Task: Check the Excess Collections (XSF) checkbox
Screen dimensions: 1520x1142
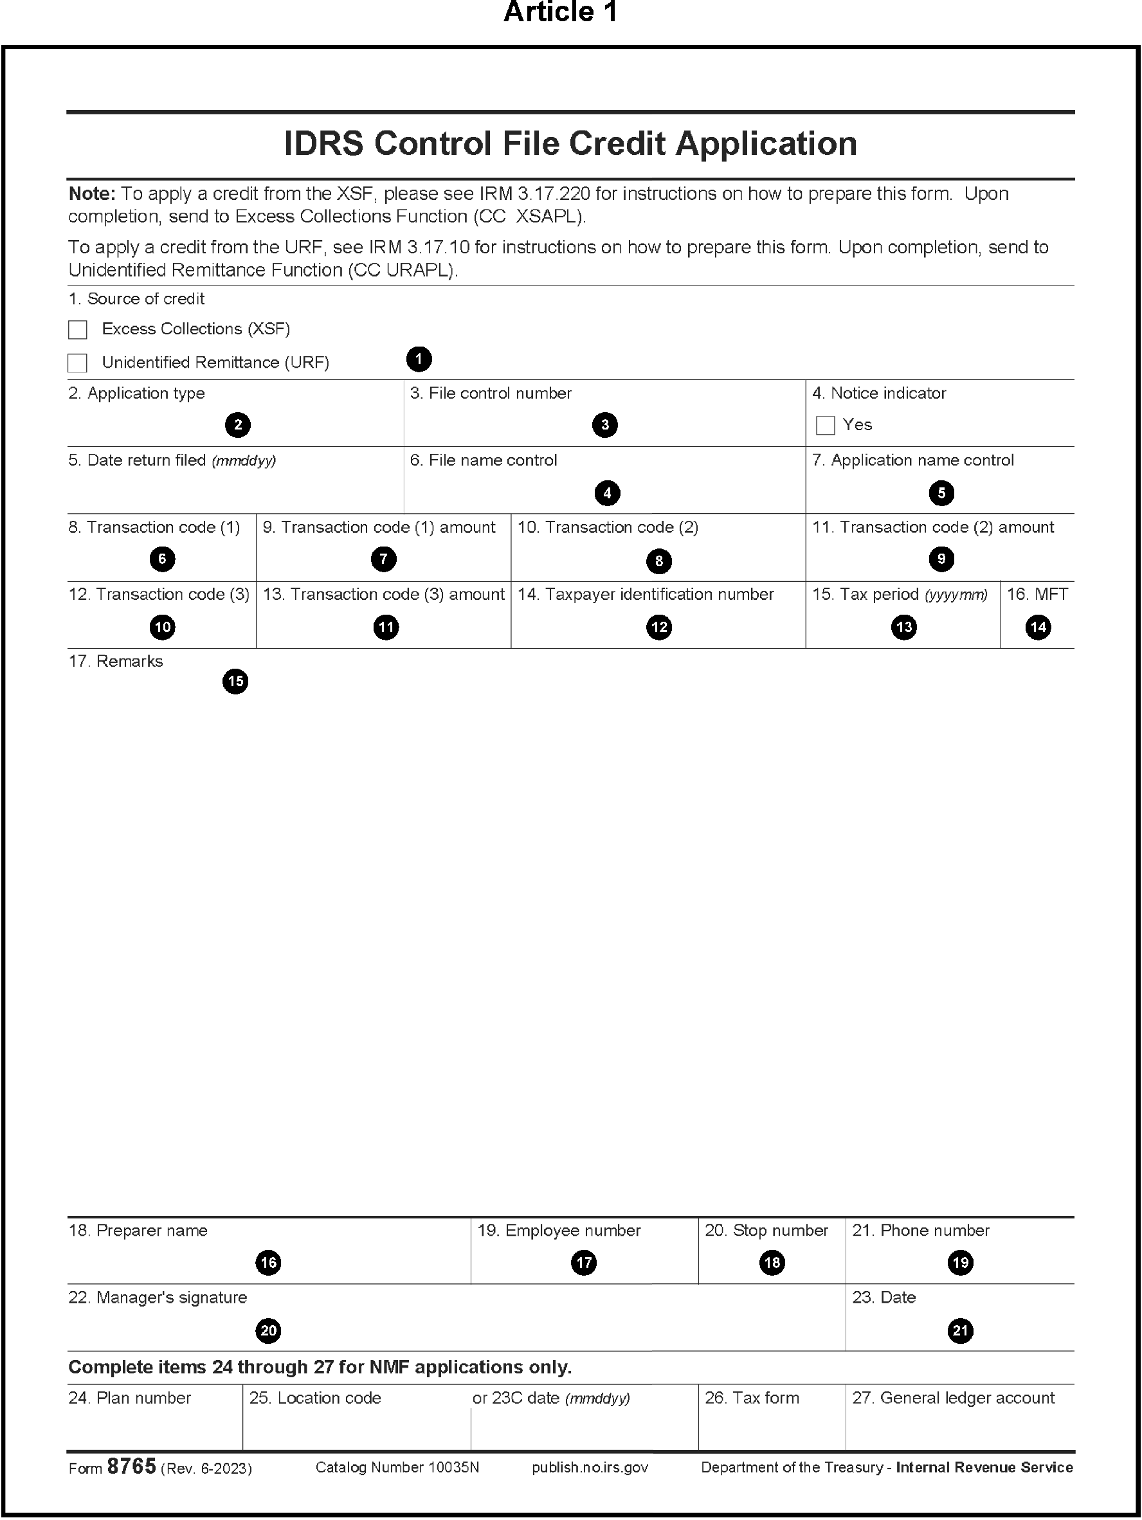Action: pos(78,330)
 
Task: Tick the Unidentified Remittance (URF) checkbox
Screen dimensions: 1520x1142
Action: pos(78,363)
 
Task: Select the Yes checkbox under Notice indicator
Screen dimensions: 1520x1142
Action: pos(825,426)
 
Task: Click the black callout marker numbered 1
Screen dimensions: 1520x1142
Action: pos(419,359)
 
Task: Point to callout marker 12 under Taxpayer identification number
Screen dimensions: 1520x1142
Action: pos(659,627)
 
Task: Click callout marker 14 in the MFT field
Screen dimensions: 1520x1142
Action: pos(1038,627)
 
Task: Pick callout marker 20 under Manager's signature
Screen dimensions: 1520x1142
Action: pos(268,1330)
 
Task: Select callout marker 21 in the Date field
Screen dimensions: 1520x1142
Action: pos(960,1330)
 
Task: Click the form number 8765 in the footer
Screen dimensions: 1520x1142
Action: pos(131,1467)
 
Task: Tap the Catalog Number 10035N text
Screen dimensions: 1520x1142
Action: pos(397,1468)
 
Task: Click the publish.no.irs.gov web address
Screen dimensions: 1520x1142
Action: pos(590,1468)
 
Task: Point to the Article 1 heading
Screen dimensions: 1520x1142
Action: pos(561,12)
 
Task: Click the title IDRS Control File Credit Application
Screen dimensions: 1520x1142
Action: pos(570,143)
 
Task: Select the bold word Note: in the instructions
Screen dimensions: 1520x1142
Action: pos(92,194)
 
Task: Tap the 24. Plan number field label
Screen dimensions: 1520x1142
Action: pos(129,1398)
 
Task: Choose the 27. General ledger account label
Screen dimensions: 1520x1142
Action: pos(953,1398)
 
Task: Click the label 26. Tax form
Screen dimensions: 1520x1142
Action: pos(752,1398)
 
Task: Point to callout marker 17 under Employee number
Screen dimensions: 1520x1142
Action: pos(584,1262)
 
